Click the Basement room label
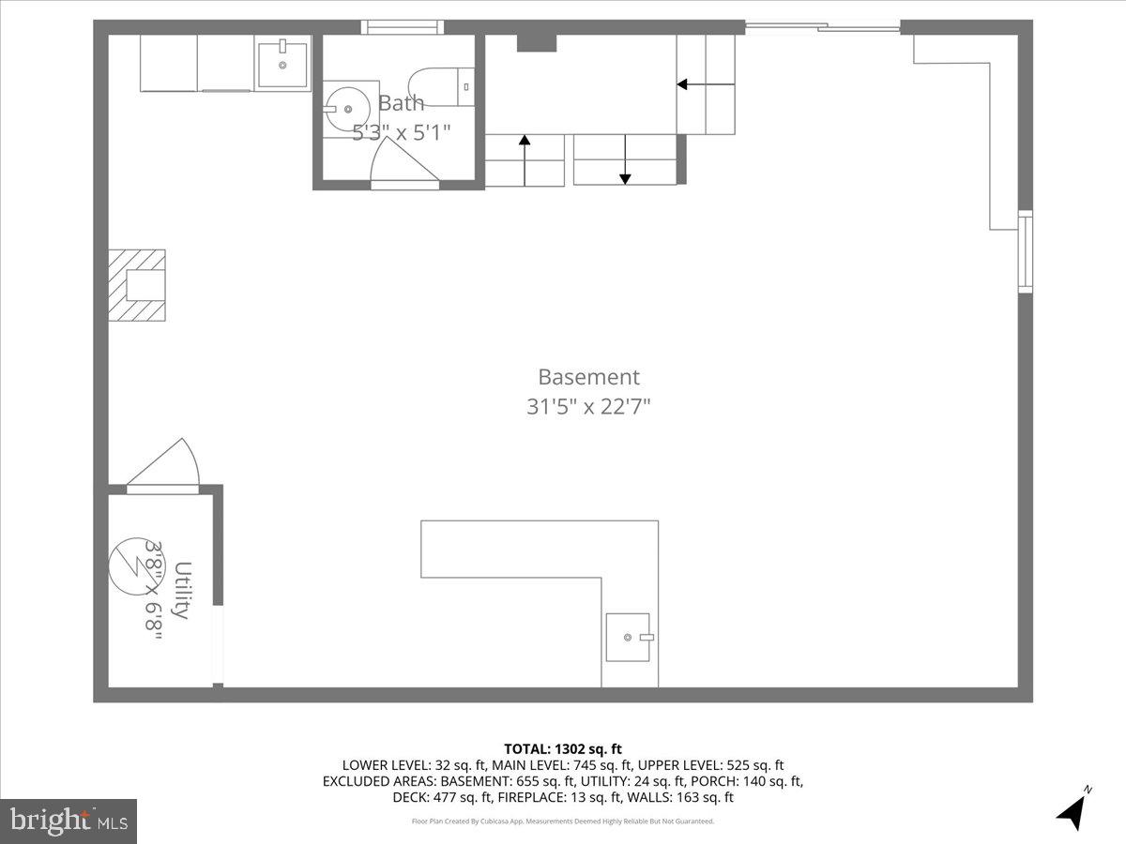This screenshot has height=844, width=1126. [588, 377]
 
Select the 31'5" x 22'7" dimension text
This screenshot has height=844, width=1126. [588, 407]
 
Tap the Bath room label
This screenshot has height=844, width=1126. [401, 103]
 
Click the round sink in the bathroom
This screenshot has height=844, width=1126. [343, 109]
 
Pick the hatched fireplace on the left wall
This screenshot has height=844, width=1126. [138, 285]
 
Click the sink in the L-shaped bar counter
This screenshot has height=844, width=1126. [628, 637]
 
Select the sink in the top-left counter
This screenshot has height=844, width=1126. [282, 64]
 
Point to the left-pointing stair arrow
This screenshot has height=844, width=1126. [694, 84]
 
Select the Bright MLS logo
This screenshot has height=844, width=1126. [68, 821]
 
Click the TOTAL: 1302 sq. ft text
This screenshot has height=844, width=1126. [563, 748]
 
